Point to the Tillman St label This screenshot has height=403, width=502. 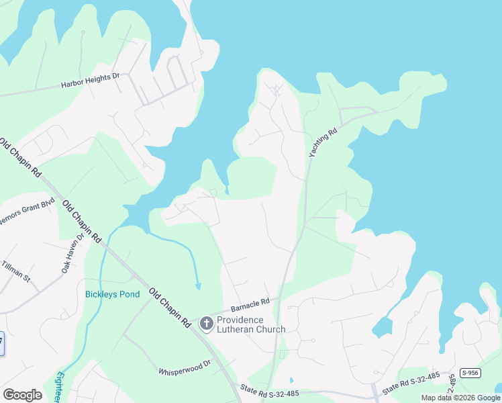pos(16,271)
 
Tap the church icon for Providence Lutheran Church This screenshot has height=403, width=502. pos(207,324)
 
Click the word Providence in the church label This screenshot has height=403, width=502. pos(240,320)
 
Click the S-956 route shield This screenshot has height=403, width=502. pos(470,372)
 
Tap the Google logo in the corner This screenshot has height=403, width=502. pos(22,395)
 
